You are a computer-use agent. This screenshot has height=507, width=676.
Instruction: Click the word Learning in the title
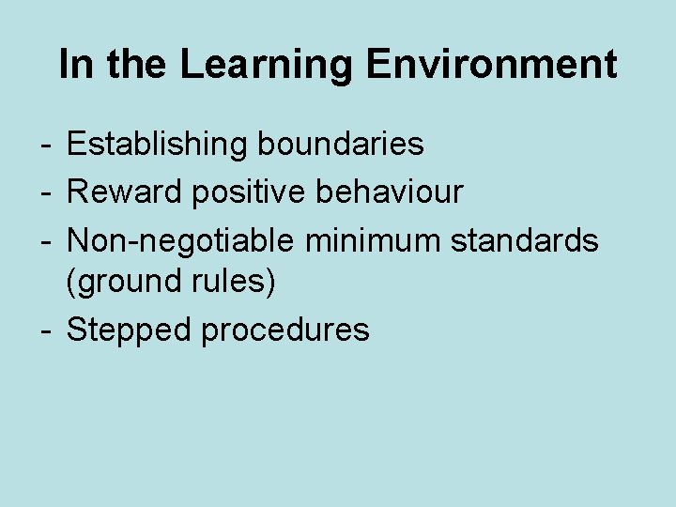[267, 66]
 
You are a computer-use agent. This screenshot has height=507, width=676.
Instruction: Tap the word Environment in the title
[491, 66]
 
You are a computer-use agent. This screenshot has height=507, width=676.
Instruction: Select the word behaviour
[390, 192]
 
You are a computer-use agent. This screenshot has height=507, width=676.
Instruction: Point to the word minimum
[373, 241]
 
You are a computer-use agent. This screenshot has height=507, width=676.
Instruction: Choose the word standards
[524, 241]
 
